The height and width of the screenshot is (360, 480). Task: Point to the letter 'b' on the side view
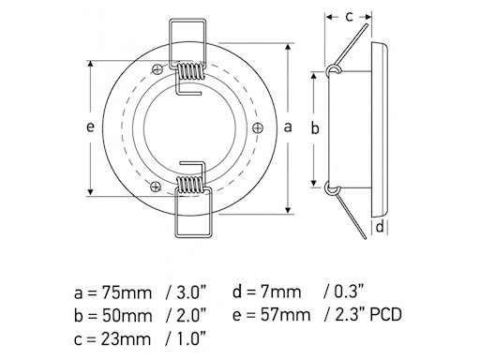pos(317,127)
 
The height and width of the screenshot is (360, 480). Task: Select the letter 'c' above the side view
pos(348,16)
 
